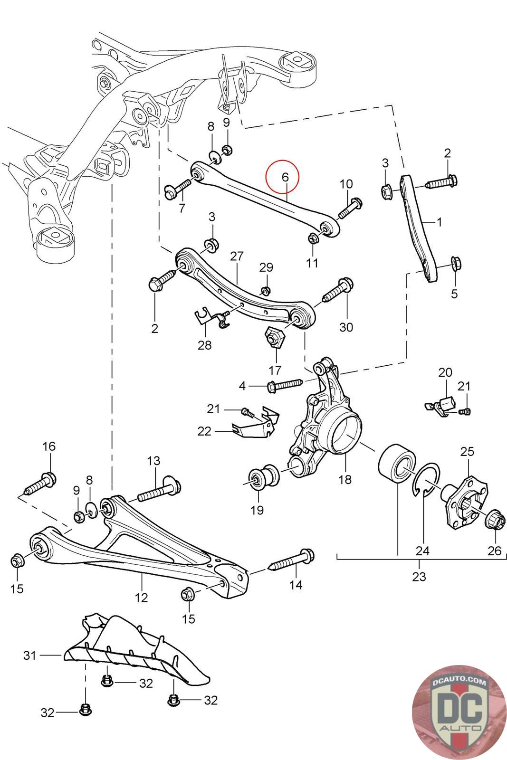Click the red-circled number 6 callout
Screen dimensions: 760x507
(285, 177)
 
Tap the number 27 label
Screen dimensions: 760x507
(237, 256)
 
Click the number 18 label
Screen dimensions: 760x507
(345, 479)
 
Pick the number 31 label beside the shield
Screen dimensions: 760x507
(30, 655)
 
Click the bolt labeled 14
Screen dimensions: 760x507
(293, 560)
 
